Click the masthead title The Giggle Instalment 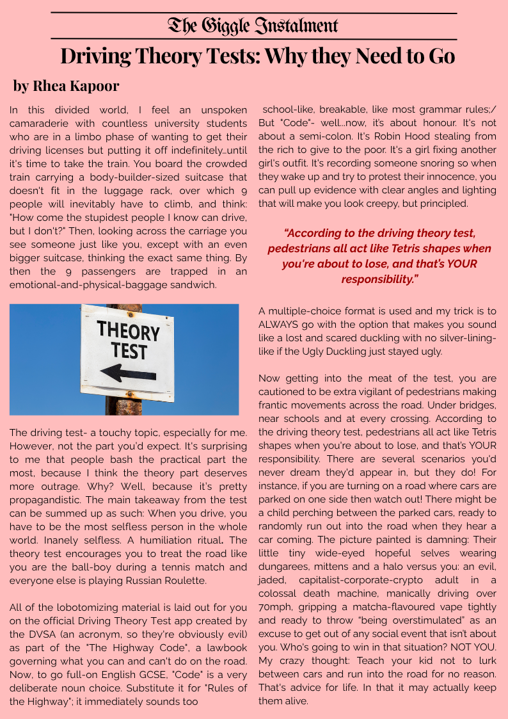[253, 26]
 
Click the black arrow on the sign [128, 373]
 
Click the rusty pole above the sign [123, 308]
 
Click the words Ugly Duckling [344, 351]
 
